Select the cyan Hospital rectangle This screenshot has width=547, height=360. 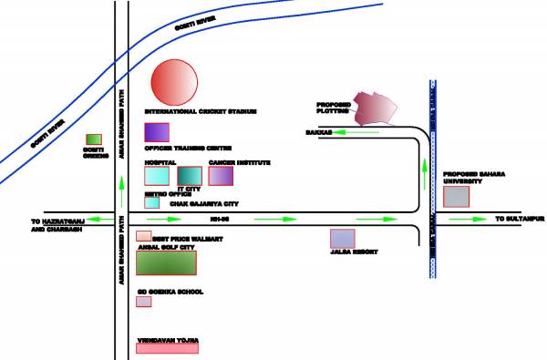pyautogui.click(x=157, y=175)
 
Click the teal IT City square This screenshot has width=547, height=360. pyautogui.click(x=189, y=175)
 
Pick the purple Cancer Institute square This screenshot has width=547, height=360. pyautogui.click(x=222, y=175)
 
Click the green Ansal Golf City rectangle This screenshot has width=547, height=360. pyautogui.click(x=166, y=262)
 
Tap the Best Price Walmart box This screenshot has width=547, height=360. pyautogui.click(x=144, y=236)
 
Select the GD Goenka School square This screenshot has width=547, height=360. pyautogui.click(x=143, y=302)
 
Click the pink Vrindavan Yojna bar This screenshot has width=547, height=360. pyautogui.click(x=167, y=346)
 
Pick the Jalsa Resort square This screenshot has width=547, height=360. pyautogui.click(x=342, y=239)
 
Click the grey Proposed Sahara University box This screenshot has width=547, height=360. pyautogui.click(x=456, y=196)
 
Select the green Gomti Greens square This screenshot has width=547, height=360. pyautogui.click(x=91, y=139)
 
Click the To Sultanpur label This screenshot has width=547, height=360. pyautogui.click(x=519, y=220)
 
